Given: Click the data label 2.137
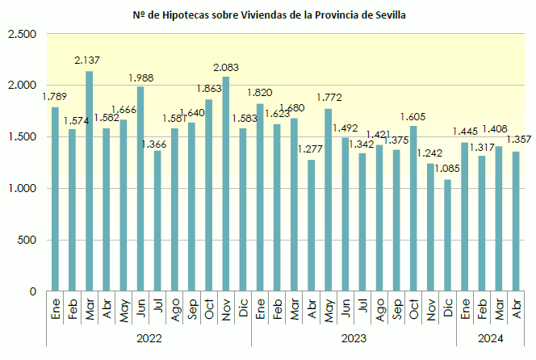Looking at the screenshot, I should tap(86, 61).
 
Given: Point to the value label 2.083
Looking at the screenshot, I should tap(225, 67).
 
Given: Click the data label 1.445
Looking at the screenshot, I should tap(465, 132).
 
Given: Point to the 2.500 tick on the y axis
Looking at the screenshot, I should tap(23, 34).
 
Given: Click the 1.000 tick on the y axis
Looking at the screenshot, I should tap(23, 189).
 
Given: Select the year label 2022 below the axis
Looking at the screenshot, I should tap(149, 337).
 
